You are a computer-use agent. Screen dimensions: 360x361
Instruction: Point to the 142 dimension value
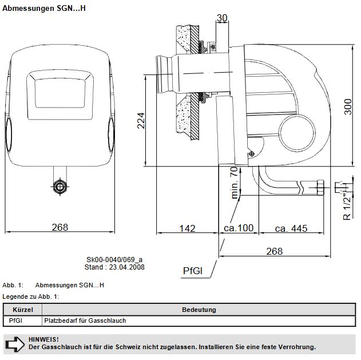[187, 228]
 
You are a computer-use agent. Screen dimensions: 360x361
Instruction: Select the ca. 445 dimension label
[291, 228]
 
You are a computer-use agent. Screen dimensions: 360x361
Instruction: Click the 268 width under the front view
[60, 227]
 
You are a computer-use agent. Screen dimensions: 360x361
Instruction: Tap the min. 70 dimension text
[234, 183]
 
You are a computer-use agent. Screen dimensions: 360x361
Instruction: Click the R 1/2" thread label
[347, 205]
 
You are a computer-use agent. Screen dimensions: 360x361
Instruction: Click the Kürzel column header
[23, 310]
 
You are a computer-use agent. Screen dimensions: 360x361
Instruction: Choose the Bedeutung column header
[199, 310]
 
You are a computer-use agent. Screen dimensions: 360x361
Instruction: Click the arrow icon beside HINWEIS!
[15, 343]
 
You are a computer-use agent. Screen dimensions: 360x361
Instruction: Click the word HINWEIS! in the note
[43, 339]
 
